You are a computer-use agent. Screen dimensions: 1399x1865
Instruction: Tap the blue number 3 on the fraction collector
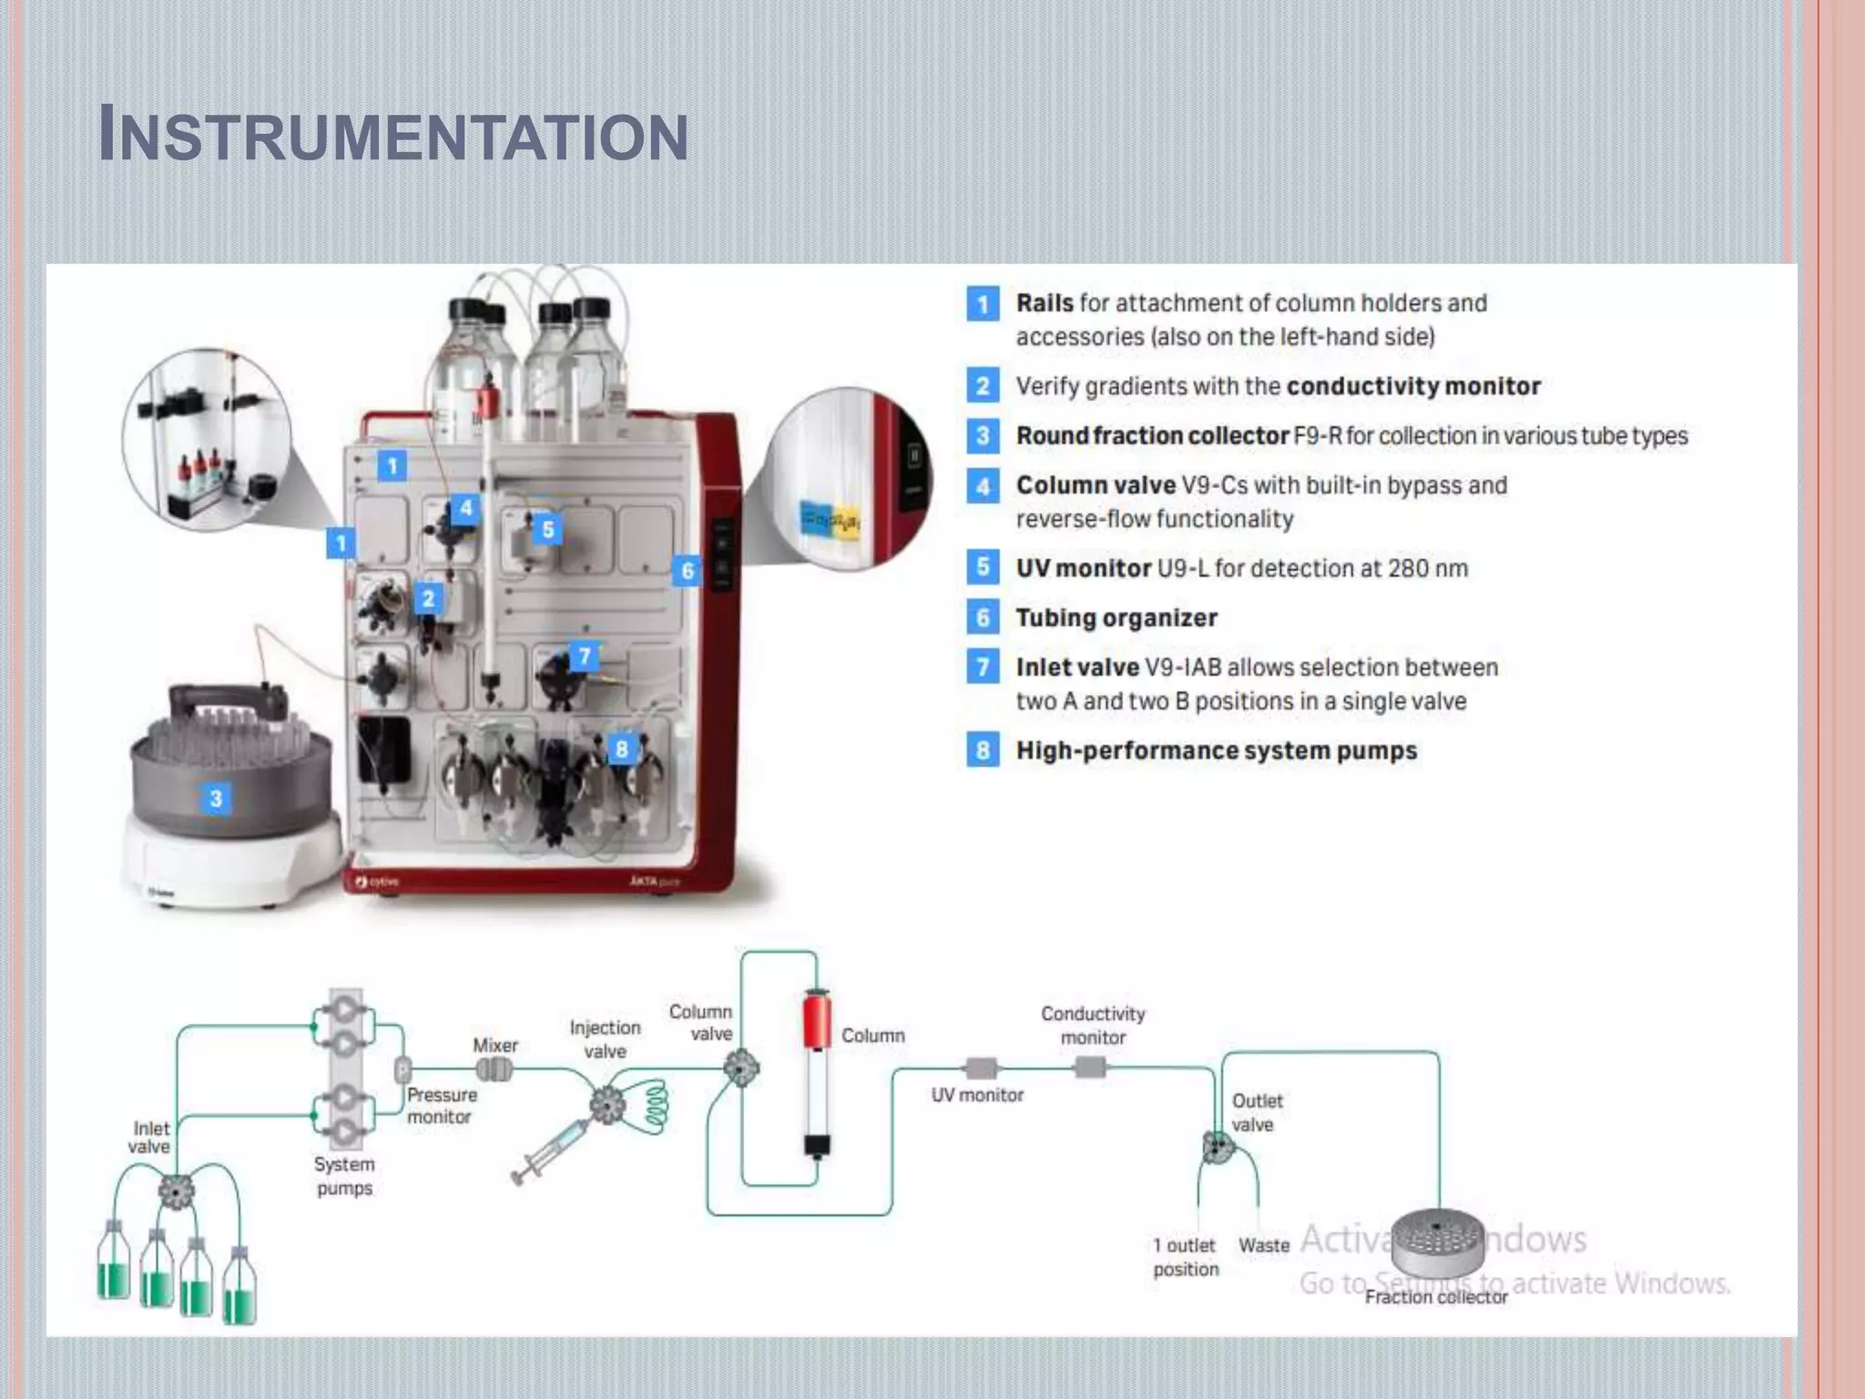pos(216,799)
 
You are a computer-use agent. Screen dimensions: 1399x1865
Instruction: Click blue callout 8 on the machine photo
pos(621,749)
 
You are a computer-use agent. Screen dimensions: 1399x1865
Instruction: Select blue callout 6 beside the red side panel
pos(688,571)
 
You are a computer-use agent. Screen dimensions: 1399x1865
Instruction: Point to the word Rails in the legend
pos(1044,303)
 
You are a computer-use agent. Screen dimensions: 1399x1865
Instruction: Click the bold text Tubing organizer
pos(1116,618)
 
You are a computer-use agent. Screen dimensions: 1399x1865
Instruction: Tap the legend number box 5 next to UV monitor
pos(983,567)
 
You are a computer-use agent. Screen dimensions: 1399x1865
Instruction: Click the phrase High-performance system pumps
pos(1217,751)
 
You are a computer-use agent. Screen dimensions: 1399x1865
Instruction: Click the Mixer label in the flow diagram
pos(495,1046)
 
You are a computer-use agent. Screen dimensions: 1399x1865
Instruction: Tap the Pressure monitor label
pos(441,1106)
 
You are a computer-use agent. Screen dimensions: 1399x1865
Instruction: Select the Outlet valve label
pos(1256,1113)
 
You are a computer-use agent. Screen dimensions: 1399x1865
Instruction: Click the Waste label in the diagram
pos(1263,1246)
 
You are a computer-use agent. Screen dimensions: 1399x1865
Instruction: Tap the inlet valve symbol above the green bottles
pos(176,1190)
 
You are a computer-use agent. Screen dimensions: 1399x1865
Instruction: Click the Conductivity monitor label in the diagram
pos(1093,1026)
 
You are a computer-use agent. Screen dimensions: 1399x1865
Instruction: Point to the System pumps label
pos(344,1176)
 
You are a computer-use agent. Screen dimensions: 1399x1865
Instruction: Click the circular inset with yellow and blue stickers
pos(848,479)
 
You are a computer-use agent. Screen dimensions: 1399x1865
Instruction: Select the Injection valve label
pos(606,1039)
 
